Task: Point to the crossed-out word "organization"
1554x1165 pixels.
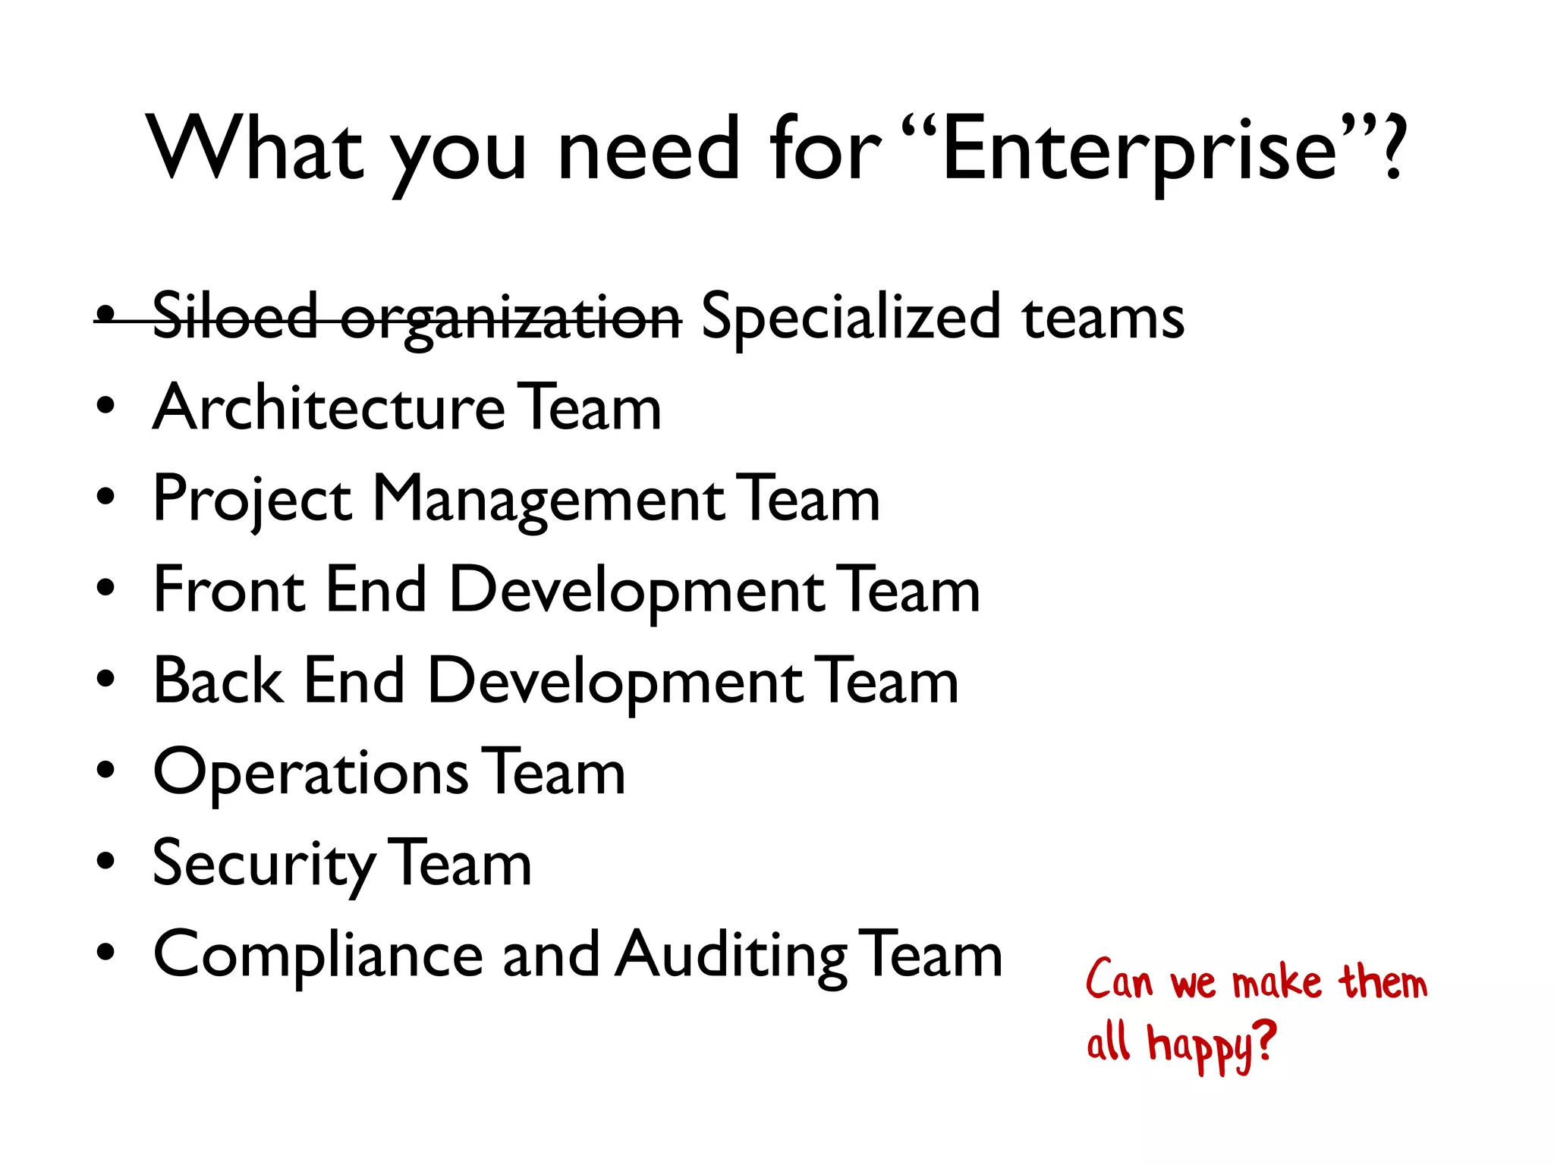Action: pyautogui.click(x=511, y=320)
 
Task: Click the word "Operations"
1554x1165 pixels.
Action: pyautogui.click(x=310, y=774)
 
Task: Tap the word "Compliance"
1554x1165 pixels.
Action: pyautogui.click(x=318, y=956)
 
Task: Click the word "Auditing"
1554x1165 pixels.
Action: pyautogui.click(x=730, y=956)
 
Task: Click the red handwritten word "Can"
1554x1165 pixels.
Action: pyautogui.click(x=1118, y=981)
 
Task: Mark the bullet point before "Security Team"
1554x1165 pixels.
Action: pyautogui.click(x=106, y=862)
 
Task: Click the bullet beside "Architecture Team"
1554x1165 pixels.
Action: pyautogui.click(x=106, y=406)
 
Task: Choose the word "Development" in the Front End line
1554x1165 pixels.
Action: pyautogui.click(x=636, y=592)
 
